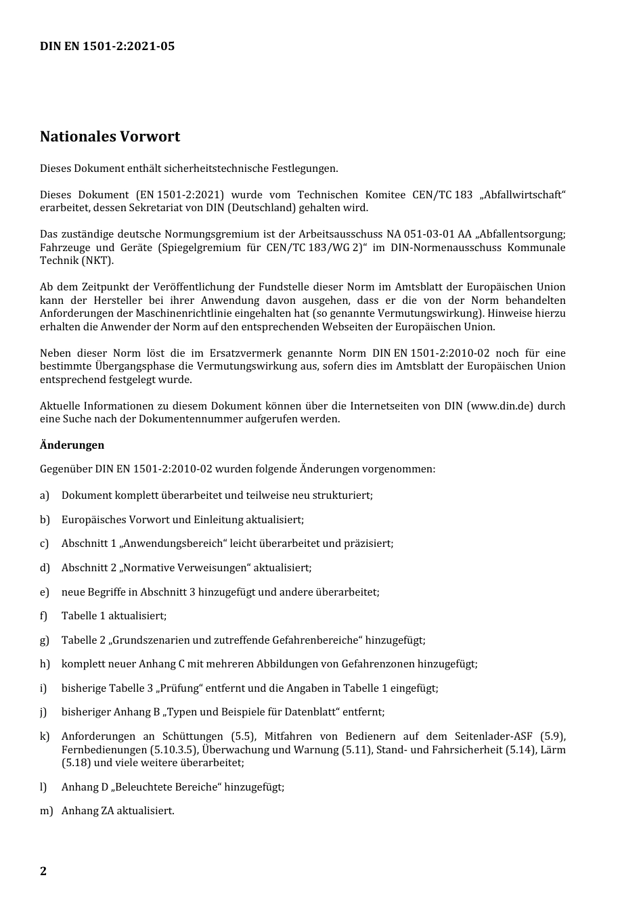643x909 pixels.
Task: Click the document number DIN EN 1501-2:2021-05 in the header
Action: pyautogui.click(x=107, y=46)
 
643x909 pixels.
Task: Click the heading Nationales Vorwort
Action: pyautogui.click(x=110, y=136)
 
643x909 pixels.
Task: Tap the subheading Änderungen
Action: pyautogui.click(x=72, y=445)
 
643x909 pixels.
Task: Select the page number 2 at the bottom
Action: pyautogui.click(x=43, y=871)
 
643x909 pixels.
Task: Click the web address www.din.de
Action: pyautogui.click(x=500, y=406)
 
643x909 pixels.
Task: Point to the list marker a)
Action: pyautogui.click(x=45, y=495)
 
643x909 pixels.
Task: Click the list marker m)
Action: pyautogui.click(x=46, y=811)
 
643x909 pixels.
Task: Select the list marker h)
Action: pyautogui.click(x=45, y=664)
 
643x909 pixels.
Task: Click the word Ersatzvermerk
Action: pyautogui.click(x=243, y=353)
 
